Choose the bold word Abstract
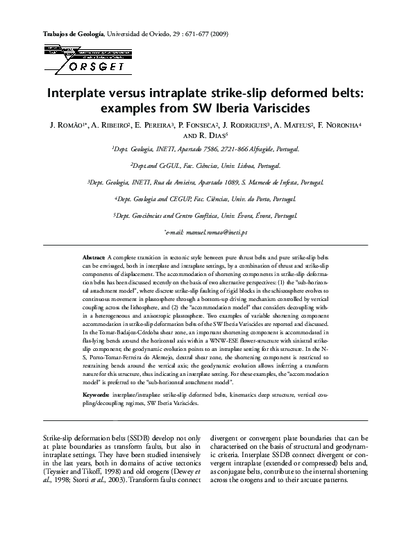[x=93, y=257]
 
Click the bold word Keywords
[x=95, y=393]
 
